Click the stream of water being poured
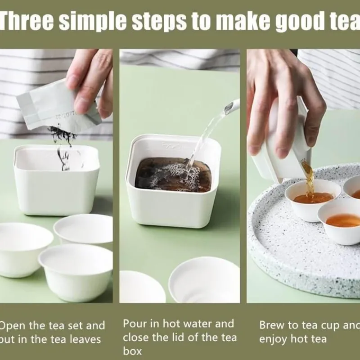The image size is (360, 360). (205, 135)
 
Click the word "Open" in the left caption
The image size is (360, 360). (13, 325)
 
